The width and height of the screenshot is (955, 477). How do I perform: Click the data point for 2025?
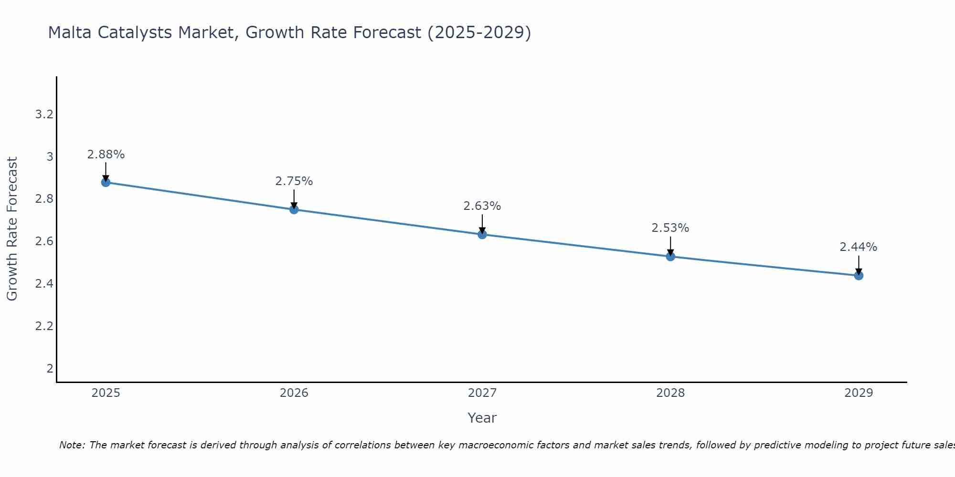[106, 182]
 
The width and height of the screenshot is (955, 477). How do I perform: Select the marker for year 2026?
[294, 209]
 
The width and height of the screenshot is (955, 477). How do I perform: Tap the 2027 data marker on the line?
[482, 235]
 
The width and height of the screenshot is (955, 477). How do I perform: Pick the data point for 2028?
[670, 257]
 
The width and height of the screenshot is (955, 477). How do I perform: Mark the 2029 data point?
[859, 275]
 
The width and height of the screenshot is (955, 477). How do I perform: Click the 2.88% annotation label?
[106, 155]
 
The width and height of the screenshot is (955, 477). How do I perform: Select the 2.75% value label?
[294, 181]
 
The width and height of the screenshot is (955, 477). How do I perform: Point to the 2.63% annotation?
[482, 206]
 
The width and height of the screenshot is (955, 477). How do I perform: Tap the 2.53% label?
[670, 228]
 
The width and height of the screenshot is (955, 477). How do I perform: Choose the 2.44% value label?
[859, 247]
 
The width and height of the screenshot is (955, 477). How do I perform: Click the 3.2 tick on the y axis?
[44, 114]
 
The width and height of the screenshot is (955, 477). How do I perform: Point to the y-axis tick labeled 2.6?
[44, 241]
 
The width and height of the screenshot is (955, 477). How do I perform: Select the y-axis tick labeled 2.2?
[44, 326]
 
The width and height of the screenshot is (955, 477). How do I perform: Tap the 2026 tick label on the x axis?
[294, 393]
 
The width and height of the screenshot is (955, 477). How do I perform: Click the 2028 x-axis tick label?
[670, 393]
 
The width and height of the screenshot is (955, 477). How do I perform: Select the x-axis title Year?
[482, 418]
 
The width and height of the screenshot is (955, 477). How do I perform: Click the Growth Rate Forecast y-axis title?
[12, 229]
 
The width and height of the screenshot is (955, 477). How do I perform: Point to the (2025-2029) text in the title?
[479, 32]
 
